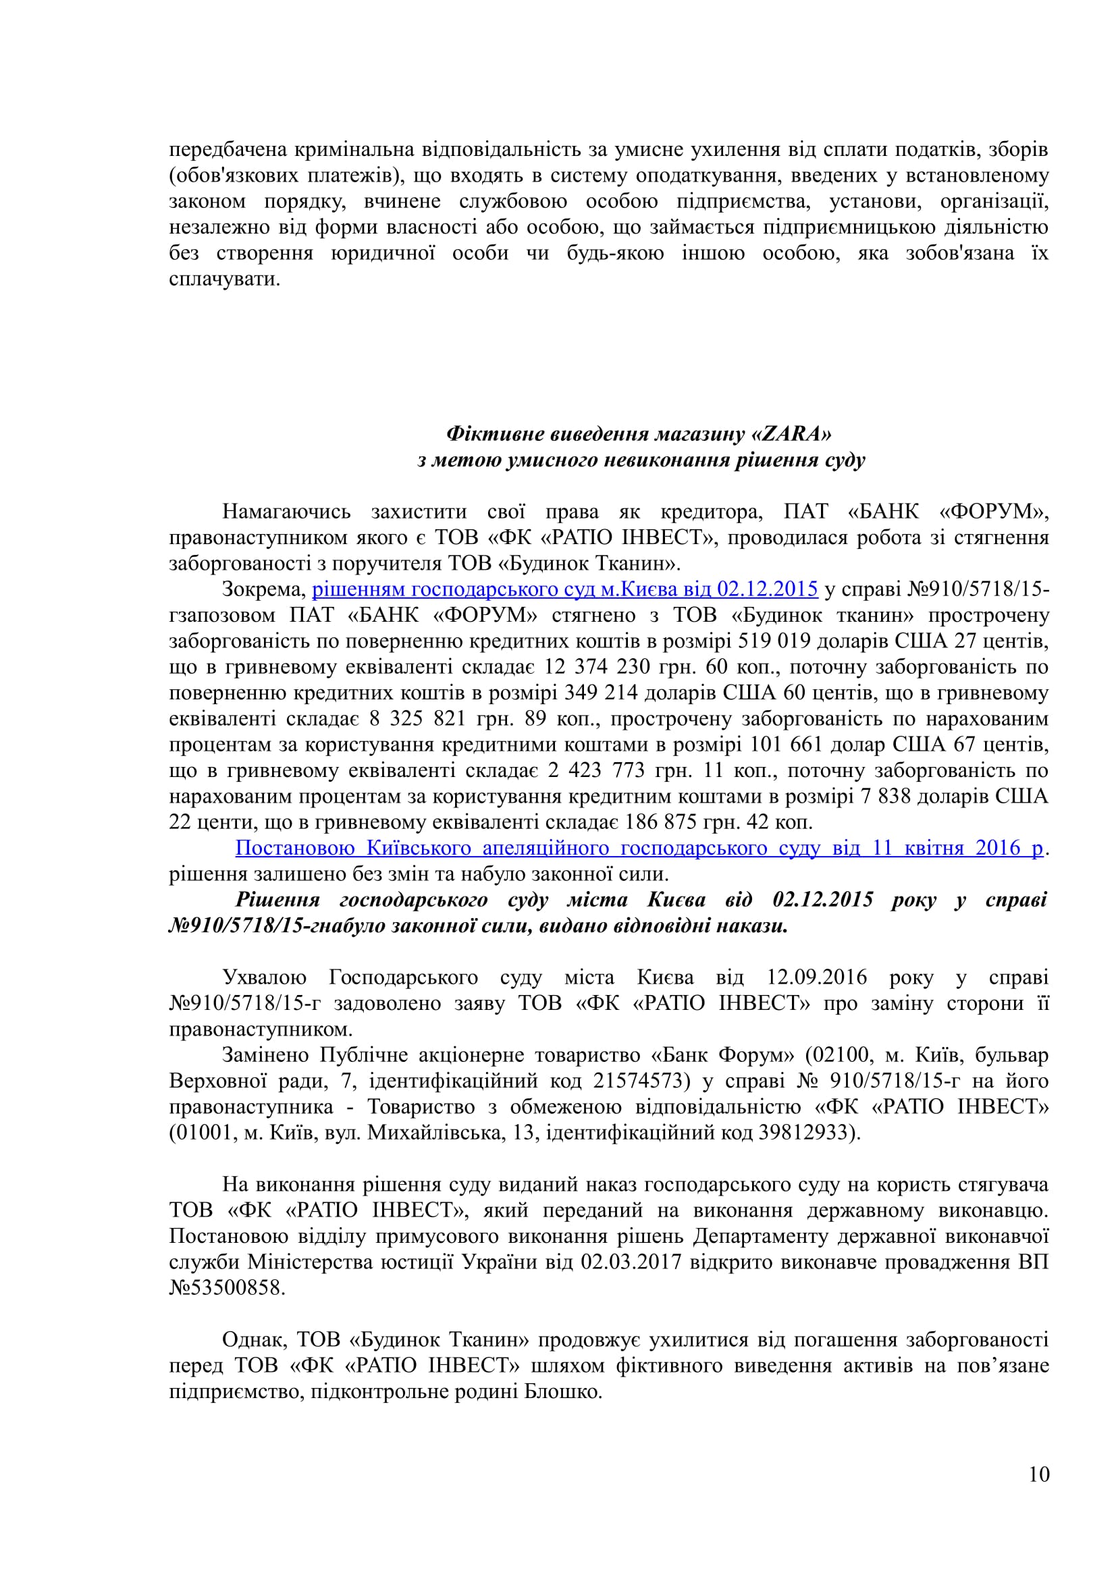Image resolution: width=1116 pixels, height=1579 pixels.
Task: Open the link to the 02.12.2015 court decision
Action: [x=564, y=589]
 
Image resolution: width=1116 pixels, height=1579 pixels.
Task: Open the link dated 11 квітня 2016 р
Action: [x=639, y=848]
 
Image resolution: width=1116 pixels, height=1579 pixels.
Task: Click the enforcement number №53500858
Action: [x=226, y=1287]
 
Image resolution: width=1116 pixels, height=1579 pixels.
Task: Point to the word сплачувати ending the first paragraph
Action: [x=224, y=279]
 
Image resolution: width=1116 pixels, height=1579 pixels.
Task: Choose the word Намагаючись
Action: [x=286, y=512]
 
